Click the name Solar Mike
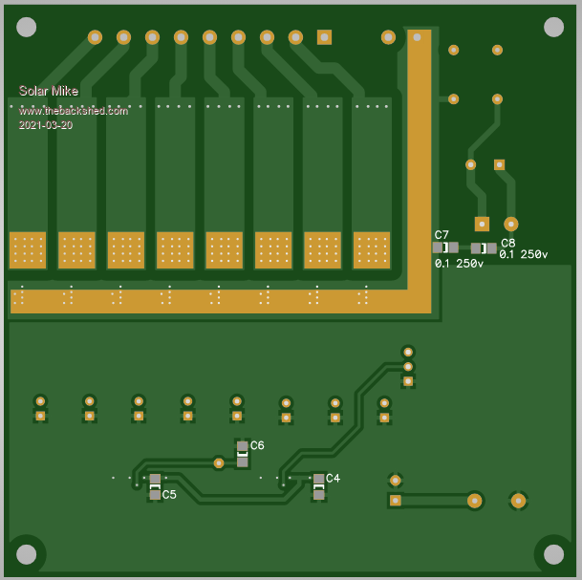(48, 91)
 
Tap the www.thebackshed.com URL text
(73, 111)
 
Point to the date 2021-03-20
(45, 124)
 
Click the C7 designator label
(442, 235)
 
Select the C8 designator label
(507, 243)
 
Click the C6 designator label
(257, 445)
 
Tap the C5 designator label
(169, 495)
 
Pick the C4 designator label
(333, 478)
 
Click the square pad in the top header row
(324, 37)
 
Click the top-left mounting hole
(27, 27)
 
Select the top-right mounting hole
(553, 27)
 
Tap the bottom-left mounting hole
(27, 553)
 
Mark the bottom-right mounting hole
(553, 553)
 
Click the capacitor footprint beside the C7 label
(445, 247)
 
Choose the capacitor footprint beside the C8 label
(484, 248)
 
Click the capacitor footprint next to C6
(243, 454)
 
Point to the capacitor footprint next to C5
(155, 486)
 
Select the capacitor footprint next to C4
(318, 486)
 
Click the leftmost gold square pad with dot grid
(28, 250)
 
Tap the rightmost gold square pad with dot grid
(372, 250)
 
